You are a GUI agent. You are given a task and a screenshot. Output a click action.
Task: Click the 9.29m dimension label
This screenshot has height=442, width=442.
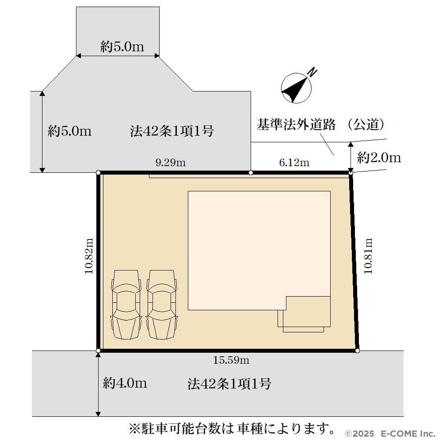[171, 163]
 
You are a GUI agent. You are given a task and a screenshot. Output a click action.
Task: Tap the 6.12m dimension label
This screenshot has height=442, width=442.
[294, 163]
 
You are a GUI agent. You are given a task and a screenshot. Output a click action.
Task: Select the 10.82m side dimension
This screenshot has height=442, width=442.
[89, 256]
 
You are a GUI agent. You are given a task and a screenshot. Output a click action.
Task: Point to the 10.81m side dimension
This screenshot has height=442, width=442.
[368, 256]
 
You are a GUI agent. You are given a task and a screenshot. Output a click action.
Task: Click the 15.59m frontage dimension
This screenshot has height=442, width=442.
[231, 360]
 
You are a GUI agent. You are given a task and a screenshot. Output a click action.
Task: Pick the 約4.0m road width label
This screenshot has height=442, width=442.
[125, 383]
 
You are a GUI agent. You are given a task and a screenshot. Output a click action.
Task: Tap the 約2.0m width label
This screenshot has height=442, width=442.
[379, 158]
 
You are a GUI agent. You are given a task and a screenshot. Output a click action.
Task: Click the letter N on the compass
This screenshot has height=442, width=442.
[312, 72]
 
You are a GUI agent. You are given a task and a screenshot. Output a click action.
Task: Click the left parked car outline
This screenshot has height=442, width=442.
[126, 305]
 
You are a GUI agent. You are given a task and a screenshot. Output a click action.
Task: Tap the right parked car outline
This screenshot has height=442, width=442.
[161, 305]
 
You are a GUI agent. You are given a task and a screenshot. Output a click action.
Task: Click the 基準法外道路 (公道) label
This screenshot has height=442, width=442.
[320, 125]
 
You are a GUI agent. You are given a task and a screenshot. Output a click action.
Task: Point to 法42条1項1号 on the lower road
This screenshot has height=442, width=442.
[229, 384]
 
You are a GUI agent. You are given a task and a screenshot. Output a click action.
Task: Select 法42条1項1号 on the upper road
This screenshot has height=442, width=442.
[171, 131]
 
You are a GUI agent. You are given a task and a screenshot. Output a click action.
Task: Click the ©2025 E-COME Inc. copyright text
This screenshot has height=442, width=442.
[390, 434]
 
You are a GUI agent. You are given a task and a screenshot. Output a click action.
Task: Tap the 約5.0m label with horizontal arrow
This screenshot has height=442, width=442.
[122, 46]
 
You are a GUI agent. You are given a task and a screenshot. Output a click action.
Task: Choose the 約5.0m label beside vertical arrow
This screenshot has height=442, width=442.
[70, 131]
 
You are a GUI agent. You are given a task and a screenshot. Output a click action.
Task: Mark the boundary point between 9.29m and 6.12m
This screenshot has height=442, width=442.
[251, 172]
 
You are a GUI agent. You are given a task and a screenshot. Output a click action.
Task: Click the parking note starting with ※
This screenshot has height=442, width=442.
[232, 428]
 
